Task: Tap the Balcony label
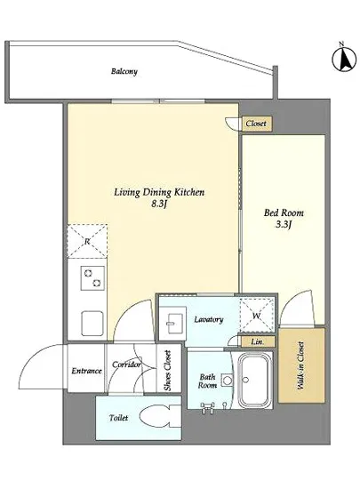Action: [124, 71]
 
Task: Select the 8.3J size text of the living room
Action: [159, 204]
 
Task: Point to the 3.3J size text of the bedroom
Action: [283, 224]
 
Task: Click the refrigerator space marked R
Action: [87, 241]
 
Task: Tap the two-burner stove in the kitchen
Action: [92, 278]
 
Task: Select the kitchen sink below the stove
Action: [92, 323]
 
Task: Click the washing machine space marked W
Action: [257, 316]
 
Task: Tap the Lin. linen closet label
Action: [258, 341]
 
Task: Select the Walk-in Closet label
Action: [301, 365]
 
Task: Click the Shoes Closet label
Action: [168, 371]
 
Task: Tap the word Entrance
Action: [86, 371]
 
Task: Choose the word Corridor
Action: [126, 365]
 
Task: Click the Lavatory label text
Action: [209, 320]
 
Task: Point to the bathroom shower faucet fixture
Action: [208, 406]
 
